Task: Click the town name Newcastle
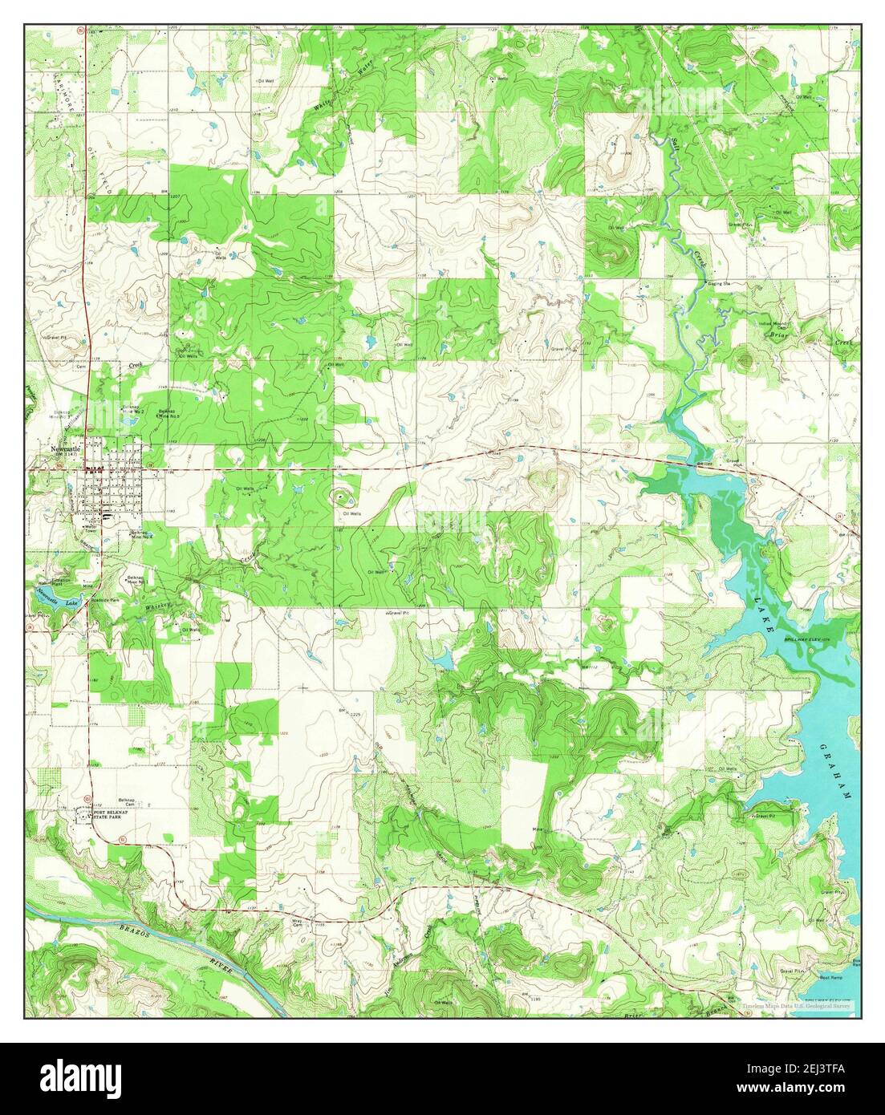(x=67, y=448)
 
